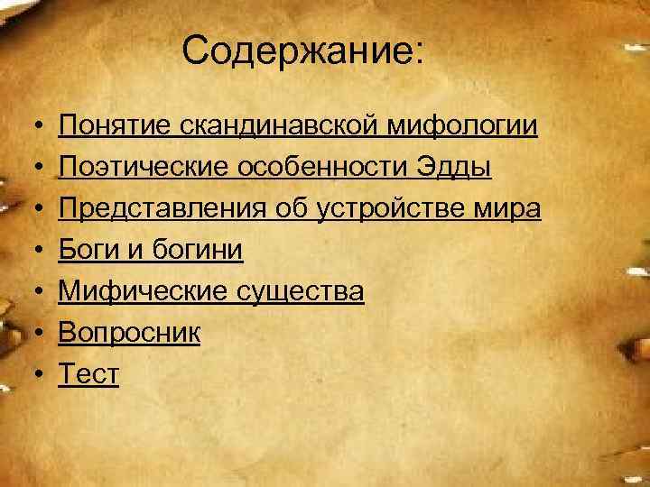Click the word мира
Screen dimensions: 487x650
510,208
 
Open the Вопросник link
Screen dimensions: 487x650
130,333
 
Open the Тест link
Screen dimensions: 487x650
88,374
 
